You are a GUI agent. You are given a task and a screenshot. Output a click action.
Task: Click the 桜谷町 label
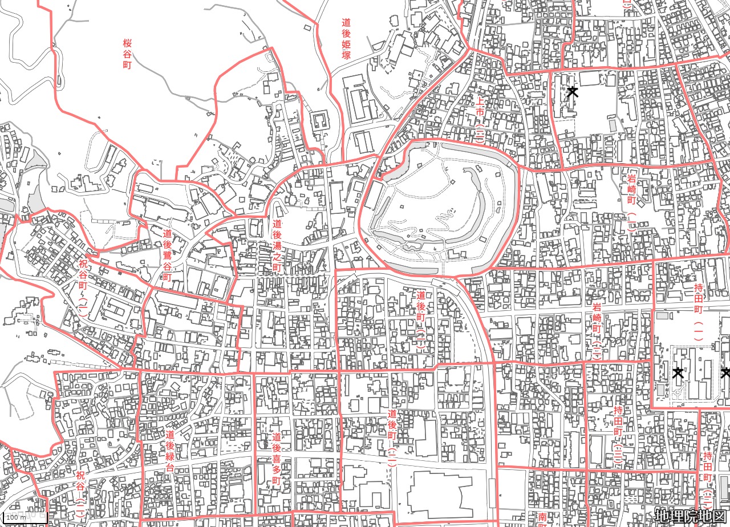click(127, 54)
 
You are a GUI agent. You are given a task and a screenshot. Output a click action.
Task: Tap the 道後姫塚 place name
click(346, 39)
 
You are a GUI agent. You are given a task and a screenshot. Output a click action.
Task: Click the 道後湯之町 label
click(277, 248)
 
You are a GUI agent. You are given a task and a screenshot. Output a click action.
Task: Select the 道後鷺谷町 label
click(167, 254)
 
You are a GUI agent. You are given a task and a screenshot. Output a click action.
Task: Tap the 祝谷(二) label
click(80, 493)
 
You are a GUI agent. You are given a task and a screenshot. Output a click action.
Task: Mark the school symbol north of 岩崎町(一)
click(573, 92)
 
